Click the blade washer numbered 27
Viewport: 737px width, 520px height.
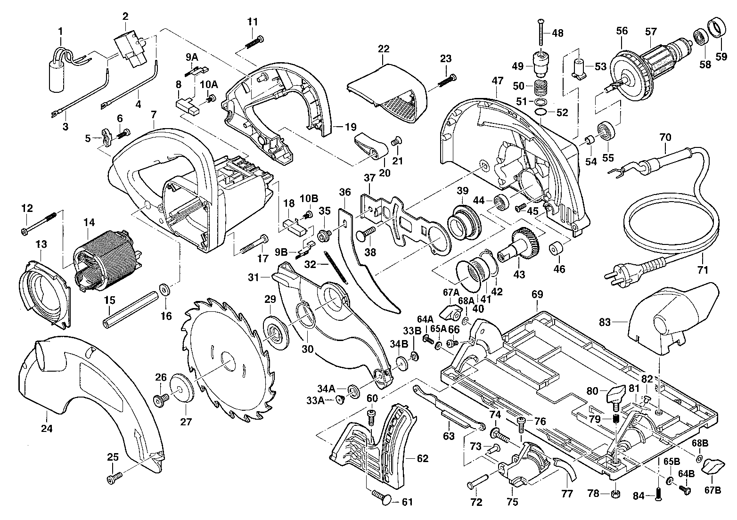[x=183, y=388]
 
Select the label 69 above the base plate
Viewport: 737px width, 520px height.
[x=537, y=295]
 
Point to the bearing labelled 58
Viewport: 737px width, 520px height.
[x=702, y=37]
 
